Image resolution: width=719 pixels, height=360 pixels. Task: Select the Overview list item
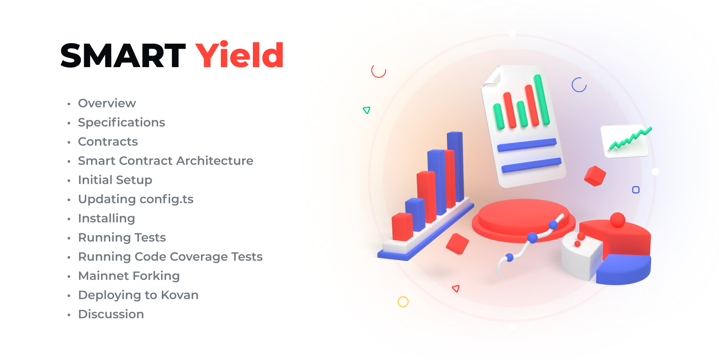point(107,103)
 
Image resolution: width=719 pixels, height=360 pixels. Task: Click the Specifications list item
point(121,123)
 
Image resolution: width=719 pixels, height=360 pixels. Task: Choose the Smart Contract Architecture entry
point(166,161)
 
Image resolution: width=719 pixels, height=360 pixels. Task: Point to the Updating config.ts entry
point(136,199)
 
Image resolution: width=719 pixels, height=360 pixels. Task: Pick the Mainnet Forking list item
point(129,276)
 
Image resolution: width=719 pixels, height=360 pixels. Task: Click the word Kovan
point(180,295)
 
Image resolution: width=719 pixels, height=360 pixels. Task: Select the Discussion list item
point(111,314)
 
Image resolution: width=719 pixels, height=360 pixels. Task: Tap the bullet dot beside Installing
point(69,219)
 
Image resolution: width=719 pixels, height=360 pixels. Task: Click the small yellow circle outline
point(403,302)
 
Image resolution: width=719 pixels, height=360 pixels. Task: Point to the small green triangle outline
point(366,110)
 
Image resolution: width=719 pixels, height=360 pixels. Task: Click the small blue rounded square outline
point(636,190)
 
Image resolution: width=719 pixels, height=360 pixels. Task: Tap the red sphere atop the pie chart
point(618,220)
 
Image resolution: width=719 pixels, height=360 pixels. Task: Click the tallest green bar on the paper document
point(542,100)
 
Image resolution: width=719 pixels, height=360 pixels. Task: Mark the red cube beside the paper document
point(595,176)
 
